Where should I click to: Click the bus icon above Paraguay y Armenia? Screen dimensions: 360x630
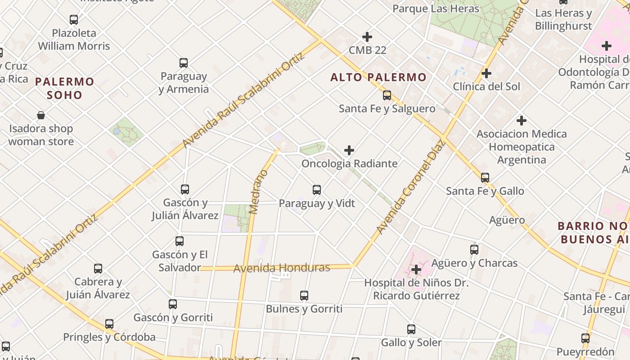(183, 63)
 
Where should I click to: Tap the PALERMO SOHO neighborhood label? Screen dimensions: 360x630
(65, 88)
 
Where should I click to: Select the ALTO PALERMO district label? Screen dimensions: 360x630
(378, 77)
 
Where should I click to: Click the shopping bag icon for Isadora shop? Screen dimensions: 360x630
(41, 115)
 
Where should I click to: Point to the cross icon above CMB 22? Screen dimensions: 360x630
(367, 37)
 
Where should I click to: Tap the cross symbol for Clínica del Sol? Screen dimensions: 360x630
(486, 73)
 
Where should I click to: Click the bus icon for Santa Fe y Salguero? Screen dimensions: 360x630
(387, 95)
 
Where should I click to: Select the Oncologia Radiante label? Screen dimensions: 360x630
(349, 163)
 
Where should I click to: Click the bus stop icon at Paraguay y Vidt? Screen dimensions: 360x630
(317, 190)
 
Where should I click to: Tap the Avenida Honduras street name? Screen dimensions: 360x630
(282, 268)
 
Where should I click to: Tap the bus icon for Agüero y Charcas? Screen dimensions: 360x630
(474, 250)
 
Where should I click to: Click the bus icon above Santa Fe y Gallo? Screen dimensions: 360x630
(485, 178)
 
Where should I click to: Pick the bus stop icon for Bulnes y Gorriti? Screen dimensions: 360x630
(304, 296)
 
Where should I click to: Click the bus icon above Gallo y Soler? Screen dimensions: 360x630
(411, 329)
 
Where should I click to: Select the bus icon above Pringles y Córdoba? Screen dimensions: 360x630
(109, 324)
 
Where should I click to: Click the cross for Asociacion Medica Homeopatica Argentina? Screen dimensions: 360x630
(522, 121)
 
